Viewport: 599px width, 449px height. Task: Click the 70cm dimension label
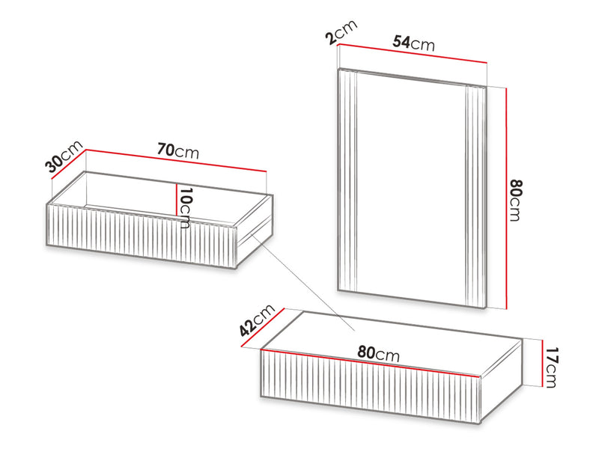click(178, 151)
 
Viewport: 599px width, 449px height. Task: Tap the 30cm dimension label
click(64, 156)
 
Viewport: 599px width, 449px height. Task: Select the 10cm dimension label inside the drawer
click(185, 208)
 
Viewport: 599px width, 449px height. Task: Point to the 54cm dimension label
click(414, 43)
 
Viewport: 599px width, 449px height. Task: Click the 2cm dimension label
click(341, 31)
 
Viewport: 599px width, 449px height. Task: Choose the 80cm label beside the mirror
click(516, 200)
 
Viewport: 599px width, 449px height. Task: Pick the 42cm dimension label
click(257, 320)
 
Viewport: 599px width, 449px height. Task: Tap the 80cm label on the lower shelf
click(379, 353)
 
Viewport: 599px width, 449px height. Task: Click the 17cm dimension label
click(551, 367)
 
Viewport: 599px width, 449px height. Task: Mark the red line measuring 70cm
click(176, 160)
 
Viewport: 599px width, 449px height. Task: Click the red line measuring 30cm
click(68, 164)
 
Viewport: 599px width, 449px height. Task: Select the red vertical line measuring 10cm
click(176, 199)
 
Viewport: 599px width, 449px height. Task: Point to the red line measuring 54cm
click(413, 54)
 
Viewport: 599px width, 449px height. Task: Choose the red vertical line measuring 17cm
click(542, 363)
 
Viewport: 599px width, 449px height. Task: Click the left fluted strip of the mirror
click(347, 180)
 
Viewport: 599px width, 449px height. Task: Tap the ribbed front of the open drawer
click(142, 236)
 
